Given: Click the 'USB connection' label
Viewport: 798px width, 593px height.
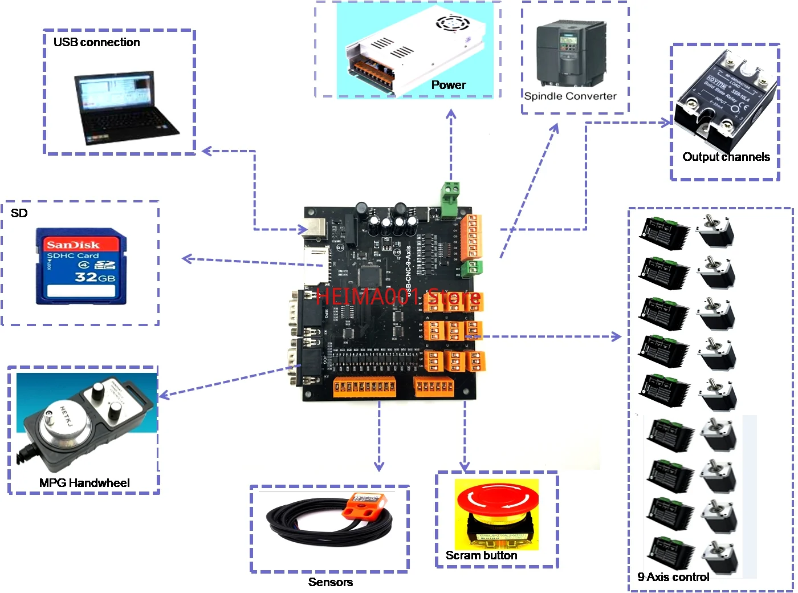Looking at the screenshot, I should [x=96, y=42].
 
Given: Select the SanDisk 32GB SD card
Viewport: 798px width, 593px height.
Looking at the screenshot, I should [x=81, y=266].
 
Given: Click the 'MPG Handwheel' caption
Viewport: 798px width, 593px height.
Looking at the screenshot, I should [x=84, y=483].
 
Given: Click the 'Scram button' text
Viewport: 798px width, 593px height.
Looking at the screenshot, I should [x=481, y=555].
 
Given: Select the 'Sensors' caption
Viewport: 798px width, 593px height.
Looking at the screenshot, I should [x=331, y=582].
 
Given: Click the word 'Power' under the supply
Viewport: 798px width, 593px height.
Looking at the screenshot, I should [x=449, y=85].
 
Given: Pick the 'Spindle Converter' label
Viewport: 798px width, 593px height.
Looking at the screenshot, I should [x=570, y=96].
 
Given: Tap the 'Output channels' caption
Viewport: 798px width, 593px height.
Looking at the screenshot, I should [x=726, y=157].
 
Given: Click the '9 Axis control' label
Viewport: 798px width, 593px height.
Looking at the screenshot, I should [x=673, y=577].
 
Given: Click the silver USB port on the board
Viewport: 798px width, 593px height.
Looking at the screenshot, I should [x=316, y=228].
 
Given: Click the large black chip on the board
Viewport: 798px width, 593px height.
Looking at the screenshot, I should [x=369, y=277].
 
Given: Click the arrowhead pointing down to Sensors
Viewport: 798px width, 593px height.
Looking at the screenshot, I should [x=379, y=466].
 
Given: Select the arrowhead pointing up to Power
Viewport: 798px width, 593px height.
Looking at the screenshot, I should [x=451, y=114].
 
